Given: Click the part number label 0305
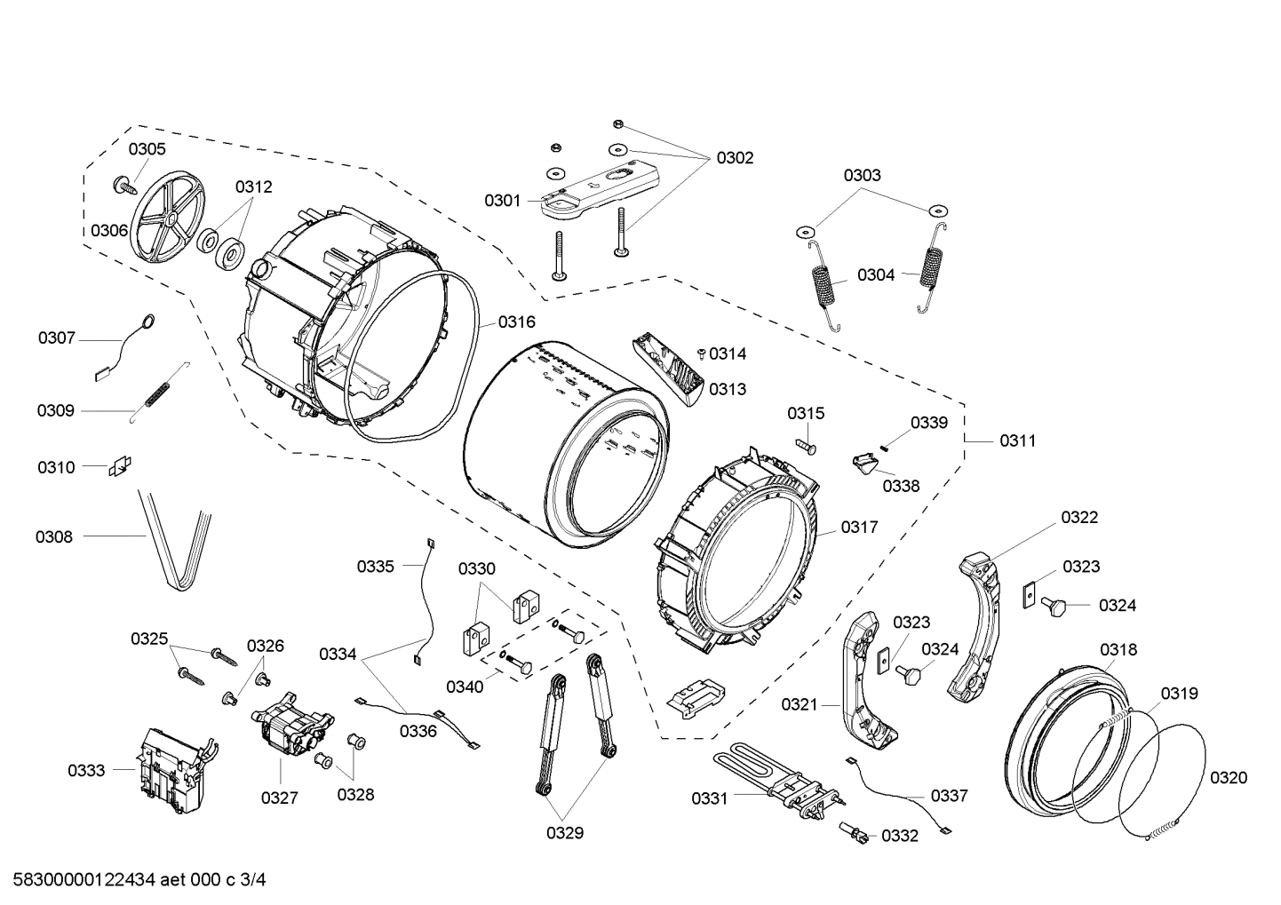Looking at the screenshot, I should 147,149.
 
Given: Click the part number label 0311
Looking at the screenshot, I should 1017,441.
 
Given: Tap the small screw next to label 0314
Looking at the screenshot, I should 701,353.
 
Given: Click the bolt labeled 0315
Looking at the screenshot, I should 805,441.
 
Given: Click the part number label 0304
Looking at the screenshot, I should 875,275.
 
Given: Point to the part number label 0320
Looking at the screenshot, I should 1229,778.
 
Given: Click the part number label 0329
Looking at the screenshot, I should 564,833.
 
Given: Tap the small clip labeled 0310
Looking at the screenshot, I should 120,466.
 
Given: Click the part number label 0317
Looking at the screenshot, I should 859,528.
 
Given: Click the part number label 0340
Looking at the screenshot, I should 465,687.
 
